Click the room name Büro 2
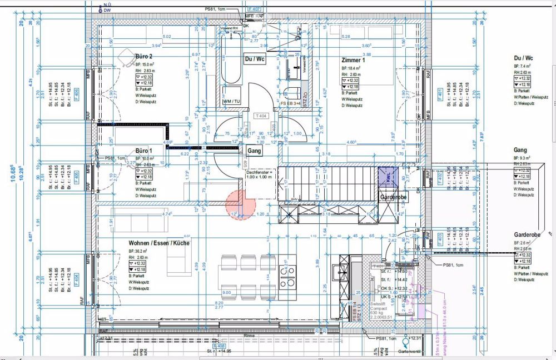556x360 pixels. coord(143,57)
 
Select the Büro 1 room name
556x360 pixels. coord(143,151)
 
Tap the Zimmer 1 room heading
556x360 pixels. coord(353,59)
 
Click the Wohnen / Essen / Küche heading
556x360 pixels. coord(159,243)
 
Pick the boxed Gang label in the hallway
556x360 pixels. coord(254,151)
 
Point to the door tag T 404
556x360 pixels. coord(260,116)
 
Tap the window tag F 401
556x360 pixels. coord(439,93)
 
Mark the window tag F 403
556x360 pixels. coord(439,240)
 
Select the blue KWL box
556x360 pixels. coord(386,177)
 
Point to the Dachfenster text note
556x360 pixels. coord(260,174)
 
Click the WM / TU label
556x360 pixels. coord(231,102)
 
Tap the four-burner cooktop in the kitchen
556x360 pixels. coord(288,276)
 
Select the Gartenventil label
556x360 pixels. coord(407,352)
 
